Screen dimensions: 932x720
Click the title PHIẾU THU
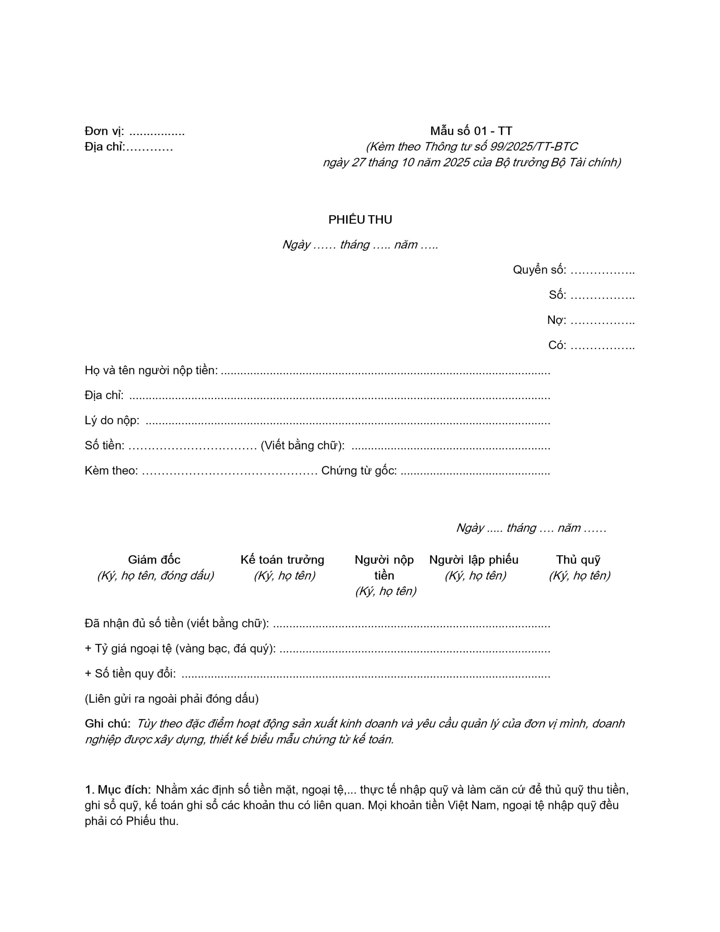360,220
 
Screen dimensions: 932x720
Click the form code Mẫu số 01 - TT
471,131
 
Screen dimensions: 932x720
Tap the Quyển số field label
539,270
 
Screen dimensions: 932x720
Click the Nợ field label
556,320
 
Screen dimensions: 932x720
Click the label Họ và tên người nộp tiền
151,370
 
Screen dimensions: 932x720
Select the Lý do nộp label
112,421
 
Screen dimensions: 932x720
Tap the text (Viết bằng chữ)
302,446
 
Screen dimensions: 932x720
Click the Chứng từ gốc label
359,471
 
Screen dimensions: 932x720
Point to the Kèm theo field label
111,471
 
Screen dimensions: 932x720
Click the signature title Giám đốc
154,560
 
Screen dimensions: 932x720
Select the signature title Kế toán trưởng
282,560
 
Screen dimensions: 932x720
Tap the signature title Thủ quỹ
578,560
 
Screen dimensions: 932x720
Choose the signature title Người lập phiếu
474,560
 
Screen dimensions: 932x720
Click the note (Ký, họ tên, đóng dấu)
155,576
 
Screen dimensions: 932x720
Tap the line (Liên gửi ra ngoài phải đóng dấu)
171,699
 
